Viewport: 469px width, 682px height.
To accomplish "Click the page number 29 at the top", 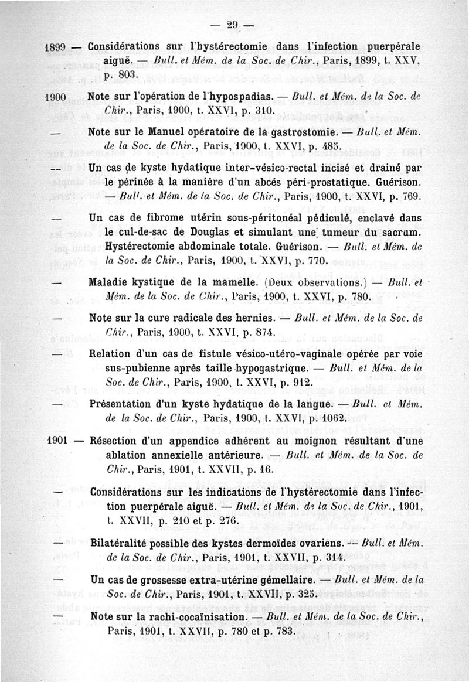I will point(234,24).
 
